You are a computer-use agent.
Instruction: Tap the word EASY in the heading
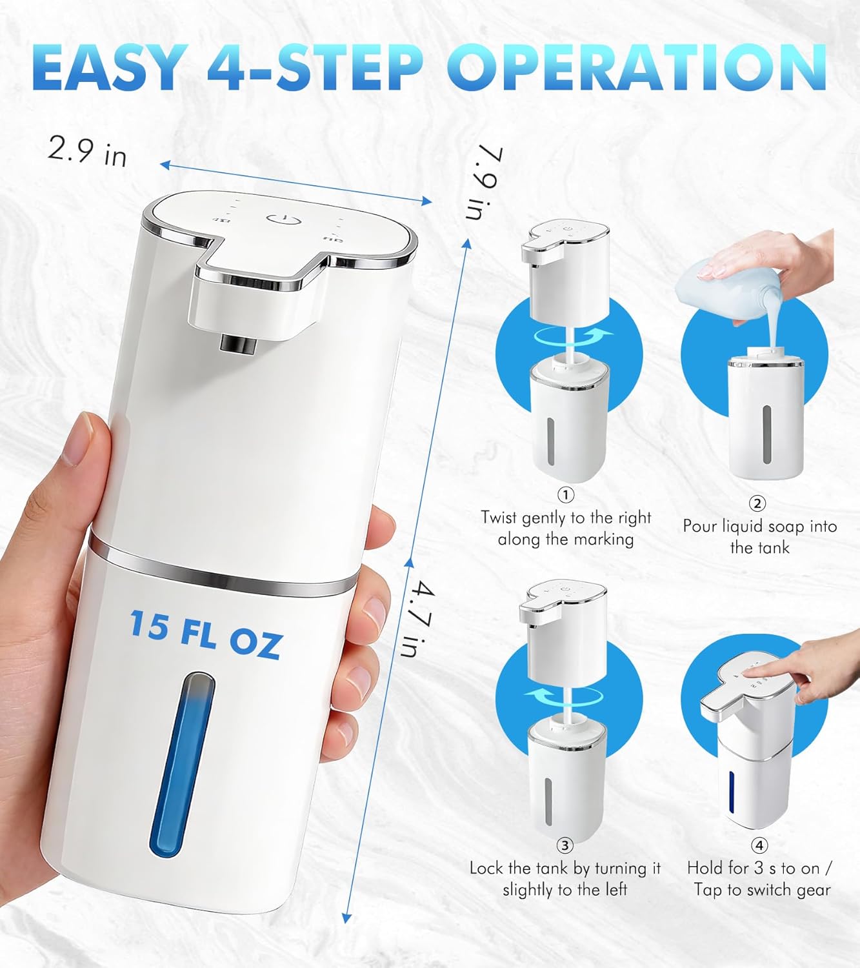110,67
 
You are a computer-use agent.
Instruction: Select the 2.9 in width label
88,152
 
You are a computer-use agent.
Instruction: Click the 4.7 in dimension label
417,619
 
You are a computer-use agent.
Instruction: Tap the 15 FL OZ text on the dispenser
205,634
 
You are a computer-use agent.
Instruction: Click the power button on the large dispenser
283,219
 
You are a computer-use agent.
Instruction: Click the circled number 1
566,495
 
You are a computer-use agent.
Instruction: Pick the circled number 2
757,503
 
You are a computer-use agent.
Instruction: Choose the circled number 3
565,845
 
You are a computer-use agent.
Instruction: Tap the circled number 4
759,845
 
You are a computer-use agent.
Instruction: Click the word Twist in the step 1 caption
500,518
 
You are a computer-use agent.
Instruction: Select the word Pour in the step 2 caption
700,527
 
